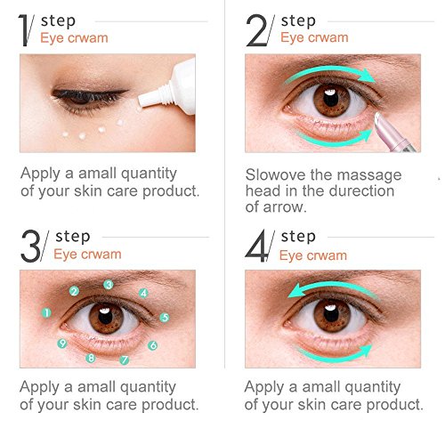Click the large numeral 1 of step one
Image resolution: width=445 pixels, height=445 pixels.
[x=24, y=30]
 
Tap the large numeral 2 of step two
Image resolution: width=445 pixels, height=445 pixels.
[x=257, y=30]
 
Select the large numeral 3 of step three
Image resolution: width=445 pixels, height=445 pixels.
[x=30, y=247]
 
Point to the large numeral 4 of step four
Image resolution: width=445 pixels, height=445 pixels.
[x=256, y=247]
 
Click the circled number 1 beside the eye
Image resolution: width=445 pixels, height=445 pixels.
[x=46, y=312]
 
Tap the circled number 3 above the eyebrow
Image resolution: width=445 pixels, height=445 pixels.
[x=109, y=285]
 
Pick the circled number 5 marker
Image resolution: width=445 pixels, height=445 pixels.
[x=165, y=318]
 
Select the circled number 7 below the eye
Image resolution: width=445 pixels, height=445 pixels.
[x=125, y=360]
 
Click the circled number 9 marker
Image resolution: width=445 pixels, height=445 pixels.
[x=62, y=344]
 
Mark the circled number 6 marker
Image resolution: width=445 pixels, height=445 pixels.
[x=153, y=345]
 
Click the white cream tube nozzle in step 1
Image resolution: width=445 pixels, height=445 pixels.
[x=151, y=97]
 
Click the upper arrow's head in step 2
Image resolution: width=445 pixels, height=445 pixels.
[x=367, y=76]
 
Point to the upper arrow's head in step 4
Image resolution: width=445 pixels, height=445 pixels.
[x=296, y=290]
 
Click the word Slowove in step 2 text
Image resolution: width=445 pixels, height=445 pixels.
[x=276, y=174]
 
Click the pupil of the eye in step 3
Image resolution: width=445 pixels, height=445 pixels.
[x=105, y=317]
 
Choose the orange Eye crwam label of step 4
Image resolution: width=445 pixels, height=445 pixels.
[x=313, y=255]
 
